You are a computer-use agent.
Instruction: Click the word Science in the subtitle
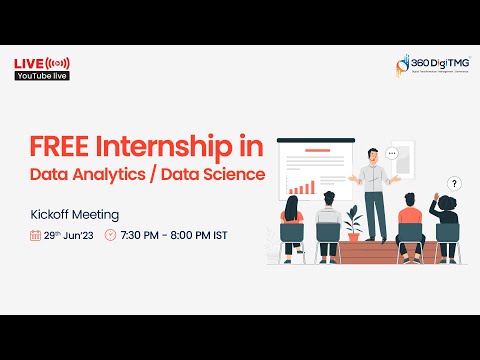click(x=232, y=175)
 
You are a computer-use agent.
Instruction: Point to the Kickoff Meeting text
click(x=75, y=214)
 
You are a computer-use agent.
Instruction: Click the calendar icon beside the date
click(x=35, y=236)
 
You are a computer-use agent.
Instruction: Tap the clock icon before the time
click(x=110, y=236)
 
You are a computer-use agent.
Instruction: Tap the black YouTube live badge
click(x=40, y=77)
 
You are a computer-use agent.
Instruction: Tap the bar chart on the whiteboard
click(x=300, y=186)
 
